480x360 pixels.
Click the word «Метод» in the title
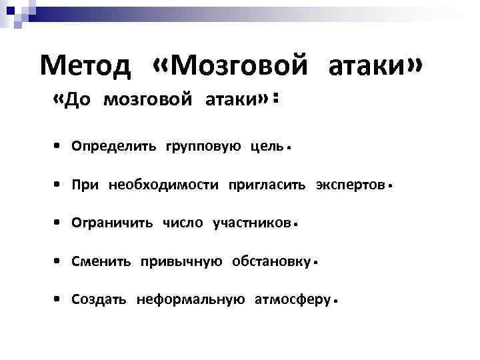coord(88,66)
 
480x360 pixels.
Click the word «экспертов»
coord(349,185)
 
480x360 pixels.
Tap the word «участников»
coord(251,223)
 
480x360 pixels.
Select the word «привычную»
coord(181,261)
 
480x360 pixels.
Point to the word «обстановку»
coord(270,261)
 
